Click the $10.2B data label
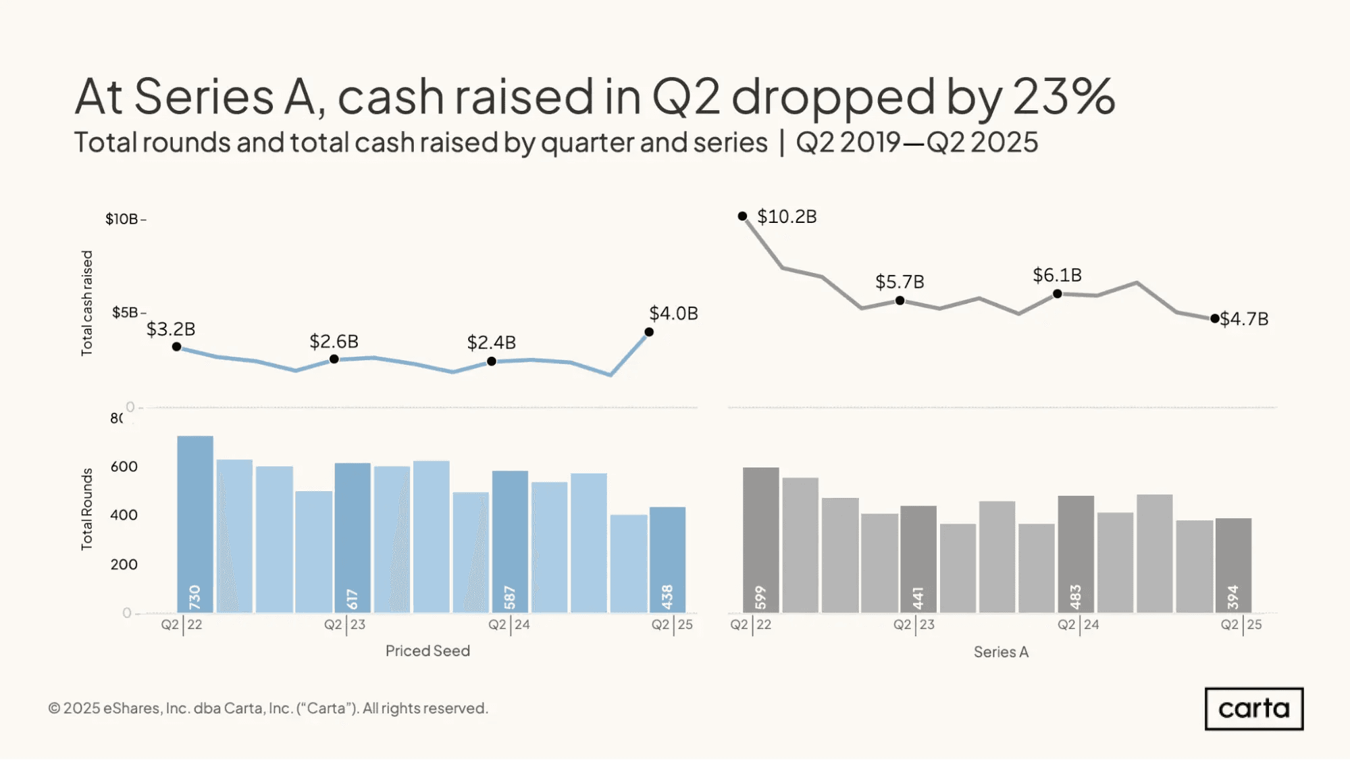tap(787, 217)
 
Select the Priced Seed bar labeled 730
tap(194, 524)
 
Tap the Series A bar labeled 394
tap(1233, 565)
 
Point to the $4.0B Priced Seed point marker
tap(649, 332)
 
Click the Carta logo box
tap(1253, 709)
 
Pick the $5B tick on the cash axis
tap(126, 313)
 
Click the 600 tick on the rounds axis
tap(124, 467)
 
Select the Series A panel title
tap(1001, 652)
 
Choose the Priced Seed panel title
tap(427, 651)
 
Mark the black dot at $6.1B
tap(1058, 294)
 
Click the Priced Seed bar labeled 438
tap(667, 559)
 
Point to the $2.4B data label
tap(491, 343)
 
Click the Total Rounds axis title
tap(87, 509)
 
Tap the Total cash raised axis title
tap(87, 303)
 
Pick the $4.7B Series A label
tap(1244, 319)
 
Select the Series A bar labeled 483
tap(1076, 554)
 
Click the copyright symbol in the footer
tap(54, 709)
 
